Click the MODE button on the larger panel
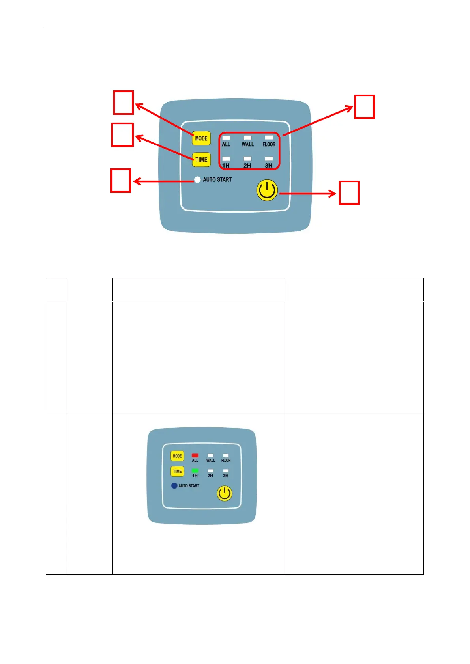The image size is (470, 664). (x=201, y=138)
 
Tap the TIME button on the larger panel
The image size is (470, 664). (x=201, y=160)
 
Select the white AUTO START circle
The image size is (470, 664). (x=197, y=180)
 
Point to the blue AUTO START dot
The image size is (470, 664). (x=174, y=485)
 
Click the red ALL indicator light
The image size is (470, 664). (x=195, y=455)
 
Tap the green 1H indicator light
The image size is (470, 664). (x=195, y=471)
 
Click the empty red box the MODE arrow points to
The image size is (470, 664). (x=124, y=103)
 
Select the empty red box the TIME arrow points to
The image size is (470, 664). (x=122, y=135)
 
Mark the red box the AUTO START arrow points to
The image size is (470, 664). (x=121, y=181)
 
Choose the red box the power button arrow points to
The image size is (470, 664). (x=349, y=193)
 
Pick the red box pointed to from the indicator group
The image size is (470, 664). (x=364, y=106)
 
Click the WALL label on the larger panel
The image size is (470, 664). (x=248, y=144)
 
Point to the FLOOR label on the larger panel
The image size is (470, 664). (x=269, y=144)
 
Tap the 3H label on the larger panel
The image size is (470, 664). (x=269, y=166)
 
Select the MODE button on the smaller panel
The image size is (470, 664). (x=177, y=456)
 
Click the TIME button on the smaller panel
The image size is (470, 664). (x=177, y=471)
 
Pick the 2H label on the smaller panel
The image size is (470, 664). (x=210, y=476)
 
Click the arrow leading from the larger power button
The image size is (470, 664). (x=308, y=193)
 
